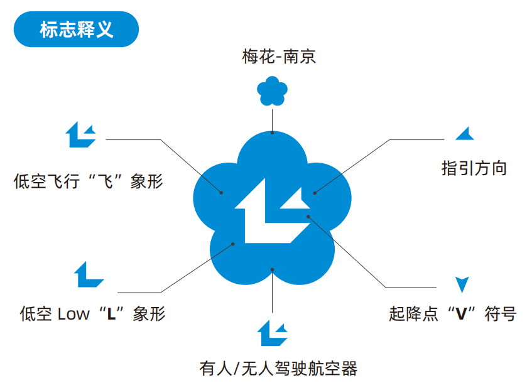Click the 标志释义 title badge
tap(76, 29)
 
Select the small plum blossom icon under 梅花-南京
tap(272, 91)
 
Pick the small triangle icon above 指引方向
tap(465, 134)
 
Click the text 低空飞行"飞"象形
tap(88, 182)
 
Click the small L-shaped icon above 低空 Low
tap(88, 274)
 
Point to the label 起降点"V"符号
tap(452, 313)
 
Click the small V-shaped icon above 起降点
tap(462, 284)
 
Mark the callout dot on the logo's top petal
tap(272, 132)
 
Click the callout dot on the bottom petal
tap(272, 269)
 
